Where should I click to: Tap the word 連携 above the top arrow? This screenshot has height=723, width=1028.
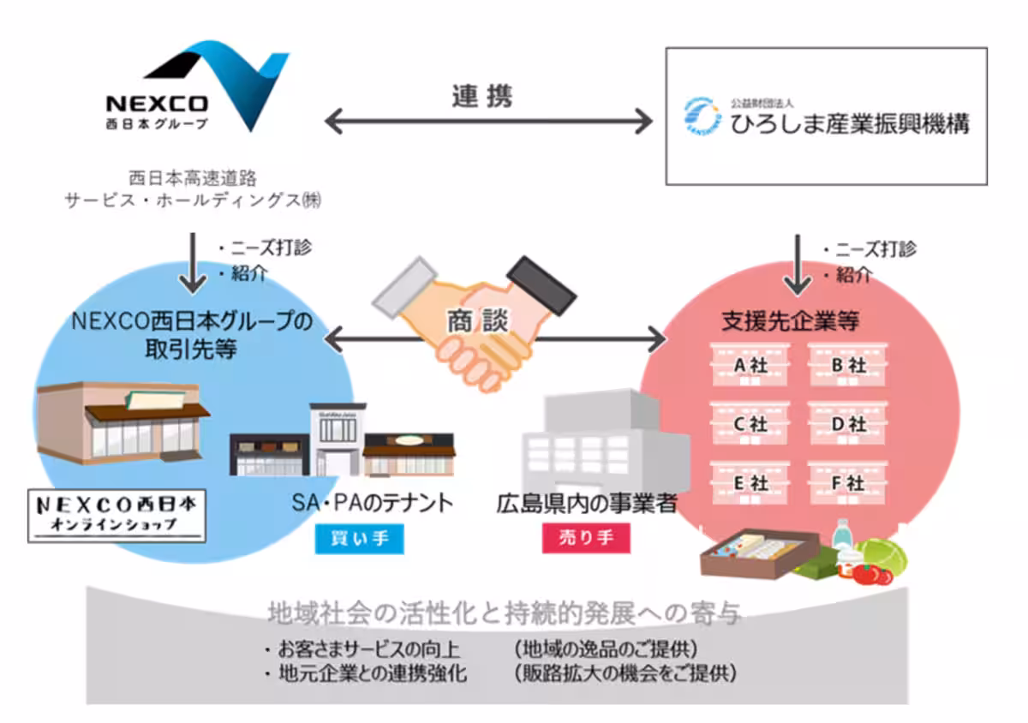[x=481, y=96]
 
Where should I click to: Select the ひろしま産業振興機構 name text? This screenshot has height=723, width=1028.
[x=849, y=124]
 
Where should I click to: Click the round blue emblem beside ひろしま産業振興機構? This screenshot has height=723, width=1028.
[x=702, y=117]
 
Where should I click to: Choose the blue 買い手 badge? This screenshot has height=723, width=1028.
[x=358, y=538]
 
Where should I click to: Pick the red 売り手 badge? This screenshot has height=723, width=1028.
[x=586, y=538]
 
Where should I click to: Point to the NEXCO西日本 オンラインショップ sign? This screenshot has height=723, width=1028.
[x=117, y=515]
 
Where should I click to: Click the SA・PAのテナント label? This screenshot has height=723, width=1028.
[x=370, y=503]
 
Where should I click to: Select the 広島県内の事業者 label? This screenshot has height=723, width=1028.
[x=587, y=503]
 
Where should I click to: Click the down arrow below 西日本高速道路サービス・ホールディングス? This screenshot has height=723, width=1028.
[x=194, y=261]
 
